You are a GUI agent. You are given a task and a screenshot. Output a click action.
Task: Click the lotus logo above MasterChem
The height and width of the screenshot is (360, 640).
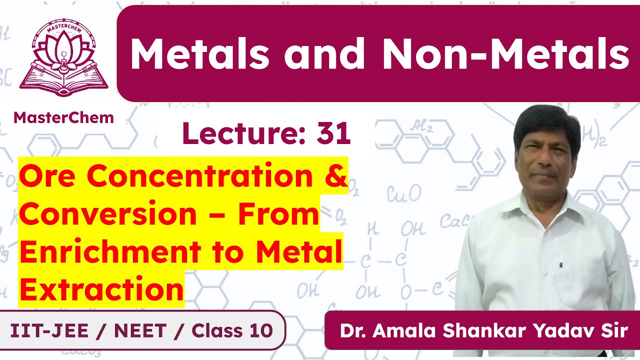click(63, 57)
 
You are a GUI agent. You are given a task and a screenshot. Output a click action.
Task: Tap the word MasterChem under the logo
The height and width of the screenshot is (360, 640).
click(63, 117)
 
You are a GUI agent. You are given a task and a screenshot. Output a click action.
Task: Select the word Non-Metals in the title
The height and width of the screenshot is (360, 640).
click(505, 54)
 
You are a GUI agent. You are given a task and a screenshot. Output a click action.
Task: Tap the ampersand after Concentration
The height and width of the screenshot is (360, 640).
click(333, 176)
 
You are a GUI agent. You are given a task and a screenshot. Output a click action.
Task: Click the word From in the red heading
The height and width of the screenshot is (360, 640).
click(277, 214)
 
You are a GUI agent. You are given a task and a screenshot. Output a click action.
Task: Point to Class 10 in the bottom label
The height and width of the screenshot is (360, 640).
click(232, 330)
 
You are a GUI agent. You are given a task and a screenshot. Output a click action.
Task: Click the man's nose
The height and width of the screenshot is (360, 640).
click(545, 159)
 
